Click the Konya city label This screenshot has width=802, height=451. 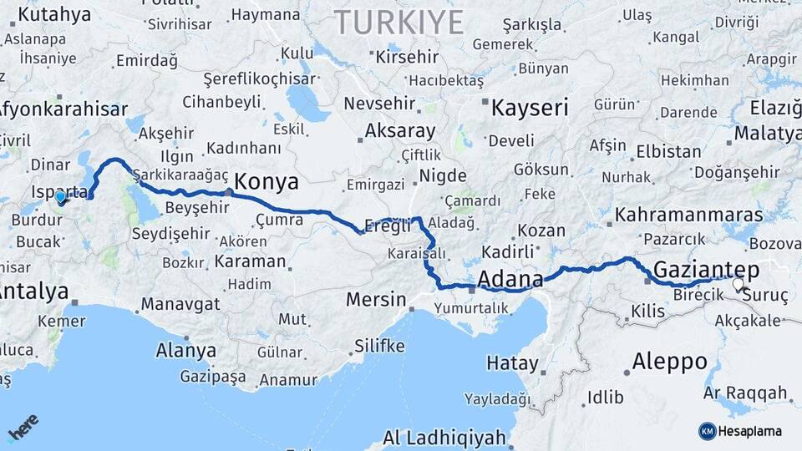tap(266, 181)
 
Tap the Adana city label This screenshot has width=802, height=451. tap(510, 278)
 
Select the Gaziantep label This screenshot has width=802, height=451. tap(707, 269)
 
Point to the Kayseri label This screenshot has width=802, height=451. tap(530, 108)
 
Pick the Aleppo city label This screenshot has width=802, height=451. tap(669, 362)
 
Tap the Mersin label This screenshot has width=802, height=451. tap(378, 299)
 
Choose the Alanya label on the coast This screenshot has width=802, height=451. tap(185, 351)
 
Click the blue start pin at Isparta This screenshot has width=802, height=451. tap(60, 198)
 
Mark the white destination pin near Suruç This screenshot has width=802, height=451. tap(738, 285)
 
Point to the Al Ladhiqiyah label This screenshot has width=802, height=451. tap(444, 438)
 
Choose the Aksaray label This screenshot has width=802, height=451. tap(400, 131)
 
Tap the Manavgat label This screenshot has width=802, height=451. tap(180, 303)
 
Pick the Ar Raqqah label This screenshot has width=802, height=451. tap(745, 393)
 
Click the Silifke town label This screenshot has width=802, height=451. tap(379, 346)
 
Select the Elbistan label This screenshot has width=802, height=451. tap(668, 152)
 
